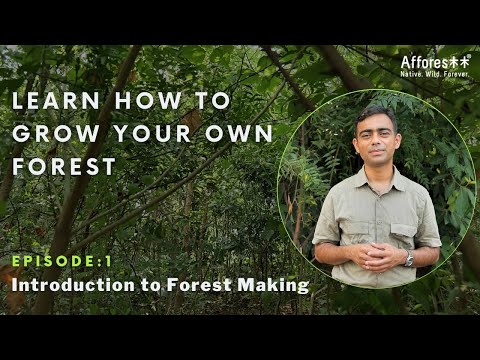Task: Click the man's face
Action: pyautogui.click(x=375, y=139)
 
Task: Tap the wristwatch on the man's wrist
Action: pyautogui.click(x=408, y=258)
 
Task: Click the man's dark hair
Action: pyautogui.click(x=375, y=113)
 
